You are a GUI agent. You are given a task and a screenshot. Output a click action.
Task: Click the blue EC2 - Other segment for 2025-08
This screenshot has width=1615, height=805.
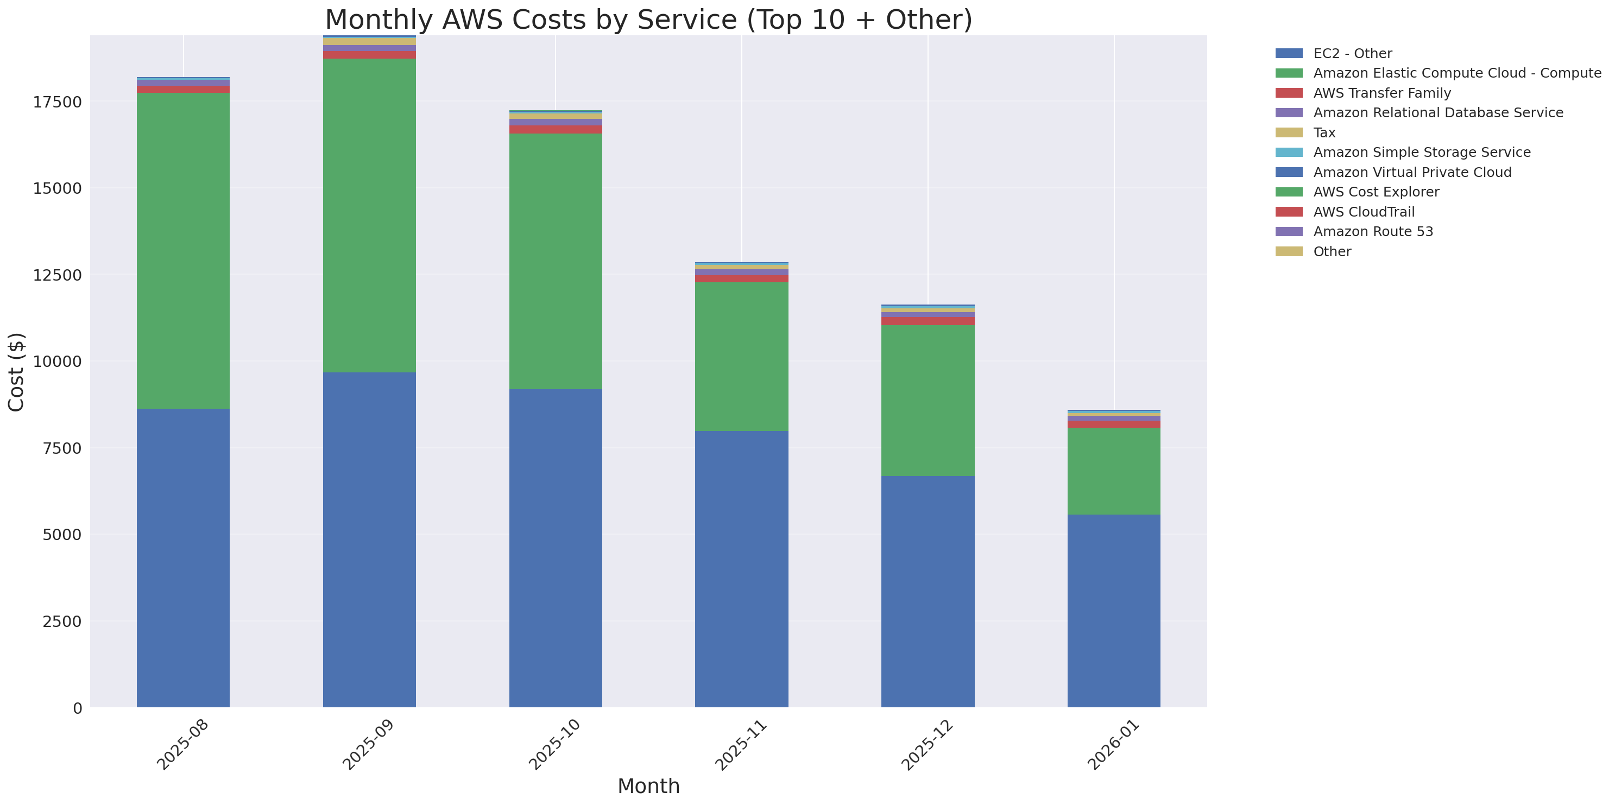[183, 557]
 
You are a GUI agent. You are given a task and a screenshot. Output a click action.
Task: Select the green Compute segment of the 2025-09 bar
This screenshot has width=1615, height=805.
[369, 215]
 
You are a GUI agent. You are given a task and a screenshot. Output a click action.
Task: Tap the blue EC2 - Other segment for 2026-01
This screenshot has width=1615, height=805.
[1113, 611]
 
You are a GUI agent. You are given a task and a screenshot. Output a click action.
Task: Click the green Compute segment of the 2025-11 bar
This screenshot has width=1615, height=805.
[742, 357]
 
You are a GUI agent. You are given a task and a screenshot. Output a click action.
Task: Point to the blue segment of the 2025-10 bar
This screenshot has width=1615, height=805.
[556, 548]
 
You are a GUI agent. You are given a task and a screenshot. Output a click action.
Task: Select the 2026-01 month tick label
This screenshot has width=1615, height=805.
[1113, 745]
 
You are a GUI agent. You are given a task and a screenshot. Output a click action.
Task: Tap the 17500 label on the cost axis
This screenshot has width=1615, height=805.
[57, 102]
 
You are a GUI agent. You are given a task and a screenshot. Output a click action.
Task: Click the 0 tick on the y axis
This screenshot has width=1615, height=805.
[77, 708]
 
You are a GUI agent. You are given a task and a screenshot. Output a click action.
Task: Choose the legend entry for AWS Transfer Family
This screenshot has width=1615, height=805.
[1382, 93]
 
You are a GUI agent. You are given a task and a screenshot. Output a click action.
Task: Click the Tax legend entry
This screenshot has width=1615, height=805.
[1324, 133]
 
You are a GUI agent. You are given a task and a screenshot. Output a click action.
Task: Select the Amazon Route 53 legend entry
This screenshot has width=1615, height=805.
[1373, 232]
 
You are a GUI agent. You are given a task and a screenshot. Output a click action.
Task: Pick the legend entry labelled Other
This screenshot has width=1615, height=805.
[1332, 252]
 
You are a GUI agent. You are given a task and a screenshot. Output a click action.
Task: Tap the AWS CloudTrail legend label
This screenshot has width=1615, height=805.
[1364, 212]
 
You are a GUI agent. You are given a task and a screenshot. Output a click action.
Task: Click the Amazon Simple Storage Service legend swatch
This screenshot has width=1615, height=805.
[1289, 152]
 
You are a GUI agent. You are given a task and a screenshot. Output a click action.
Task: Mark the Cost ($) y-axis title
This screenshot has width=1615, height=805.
[16, 372]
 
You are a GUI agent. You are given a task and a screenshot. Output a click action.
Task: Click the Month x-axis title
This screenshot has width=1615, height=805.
[648, 786]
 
